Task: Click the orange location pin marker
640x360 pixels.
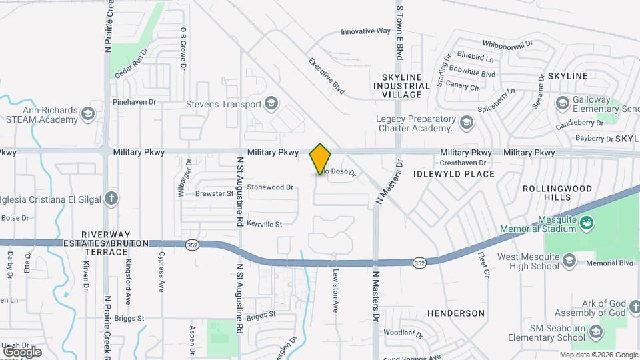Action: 320,159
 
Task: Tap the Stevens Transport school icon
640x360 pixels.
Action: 271,103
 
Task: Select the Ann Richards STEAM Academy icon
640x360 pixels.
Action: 88,114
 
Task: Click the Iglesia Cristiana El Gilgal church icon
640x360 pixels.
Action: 111,198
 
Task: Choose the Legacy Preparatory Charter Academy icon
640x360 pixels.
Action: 467,122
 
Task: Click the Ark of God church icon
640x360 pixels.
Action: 620,313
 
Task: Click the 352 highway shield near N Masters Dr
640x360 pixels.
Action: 419,263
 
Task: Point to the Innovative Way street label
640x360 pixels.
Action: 365,31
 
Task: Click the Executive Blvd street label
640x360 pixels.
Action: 329,74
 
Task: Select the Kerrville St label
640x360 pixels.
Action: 265,223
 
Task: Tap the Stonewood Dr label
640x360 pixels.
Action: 270,187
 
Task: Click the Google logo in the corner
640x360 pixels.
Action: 22,351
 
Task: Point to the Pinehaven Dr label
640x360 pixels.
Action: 134,102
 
